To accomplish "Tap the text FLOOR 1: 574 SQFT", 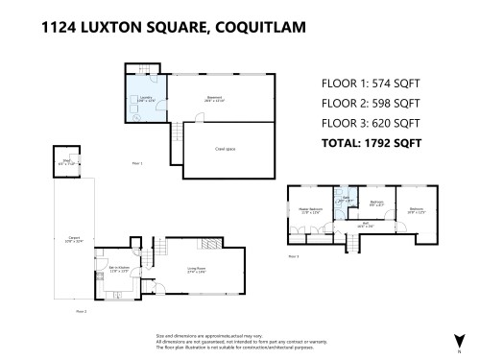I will point(371,84).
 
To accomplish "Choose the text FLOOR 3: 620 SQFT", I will point(371,123).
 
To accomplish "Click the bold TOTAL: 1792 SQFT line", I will point(371,143).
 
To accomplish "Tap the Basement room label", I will point(215,97).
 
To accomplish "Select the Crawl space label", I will point(227,150).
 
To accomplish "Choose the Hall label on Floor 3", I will point(366,226).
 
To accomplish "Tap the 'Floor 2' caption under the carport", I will point(82,312).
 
